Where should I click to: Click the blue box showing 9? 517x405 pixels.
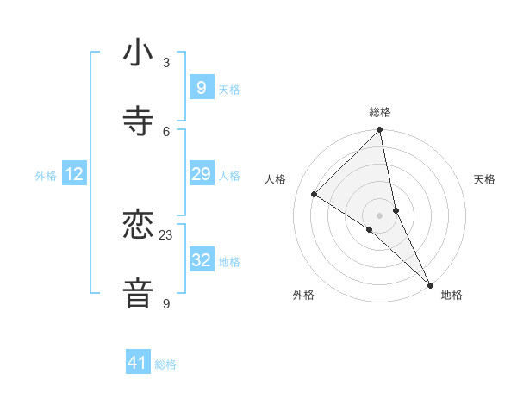(201, 87)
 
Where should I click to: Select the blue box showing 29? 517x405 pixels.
(201, 174)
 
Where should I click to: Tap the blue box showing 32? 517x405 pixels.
(201, 260)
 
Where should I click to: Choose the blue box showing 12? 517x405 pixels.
(74, 174)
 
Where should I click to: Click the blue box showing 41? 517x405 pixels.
(138, 363)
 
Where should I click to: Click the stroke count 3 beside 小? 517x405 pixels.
(166, 62)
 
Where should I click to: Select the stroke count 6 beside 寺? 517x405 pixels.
(166, 131)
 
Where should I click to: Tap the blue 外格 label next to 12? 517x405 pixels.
(46, 176)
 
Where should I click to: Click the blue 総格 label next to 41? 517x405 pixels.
(165, 364)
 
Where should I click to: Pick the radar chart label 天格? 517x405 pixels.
(484, 179)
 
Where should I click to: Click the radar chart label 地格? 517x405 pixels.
(452, 295)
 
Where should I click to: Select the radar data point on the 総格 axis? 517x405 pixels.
(379, 131)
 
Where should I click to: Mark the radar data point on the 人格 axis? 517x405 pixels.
(315, 195)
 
